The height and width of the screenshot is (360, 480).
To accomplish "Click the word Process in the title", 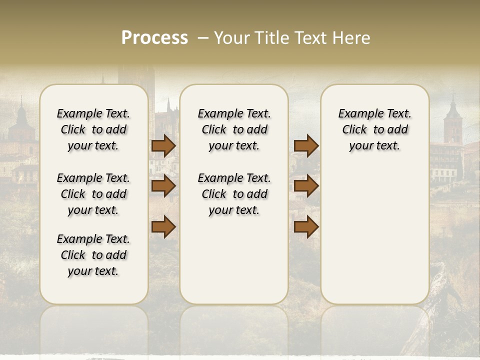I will [154, 38].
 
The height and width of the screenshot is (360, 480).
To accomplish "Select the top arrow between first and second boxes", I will [163, 145].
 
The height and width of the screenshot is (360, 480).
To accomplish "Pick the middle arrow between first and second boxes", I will [163, 186].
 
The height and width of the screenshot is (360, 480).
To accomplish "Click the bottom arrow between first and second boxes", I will [163, 226].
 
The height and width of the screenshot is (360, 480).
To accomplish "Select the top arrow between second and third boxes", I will [306, 145].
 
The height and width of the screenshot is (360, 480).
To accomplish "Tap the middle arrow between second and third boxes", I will [306, 186].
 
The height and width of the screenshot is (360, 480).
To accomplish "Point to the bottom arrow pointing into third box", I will [306, 226].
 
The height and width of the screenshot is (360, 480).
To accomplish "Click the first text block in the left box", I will [93, 129].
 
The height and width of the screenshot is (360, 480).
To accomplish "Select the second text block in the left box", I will [93, 194].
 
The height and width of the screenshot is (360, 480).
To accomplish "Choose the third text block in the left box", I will [93, 255].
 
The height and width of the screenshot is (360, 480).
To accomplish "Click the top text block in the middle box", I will [234, 129].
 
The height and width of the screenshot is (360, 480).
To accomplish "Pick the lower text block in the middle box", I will [234, 194].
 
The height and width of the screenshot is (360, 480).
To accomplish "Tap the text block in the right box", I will [374, 129].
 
